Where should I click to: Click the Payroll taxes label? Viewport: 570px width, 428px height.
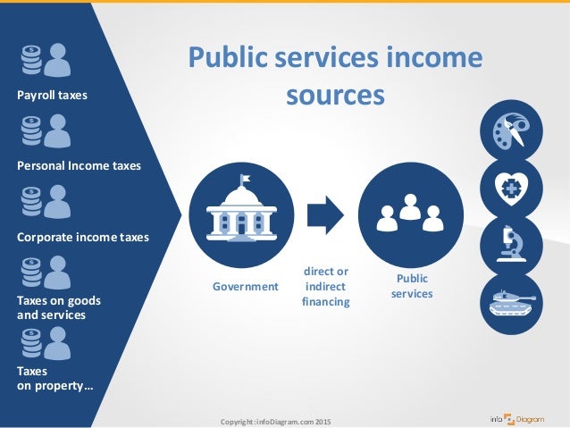tap(53, 95)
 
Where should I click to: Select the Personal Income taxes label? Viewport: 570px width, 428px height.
tap(79, 165)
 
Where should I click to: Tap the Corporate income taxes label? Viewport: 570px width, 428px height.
tap(83, 237)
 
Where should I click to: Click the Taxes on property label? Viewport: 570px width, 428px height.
tap(54, 378)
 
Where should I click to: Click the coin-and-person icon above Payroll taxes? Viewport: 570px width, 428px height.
tap(46, 61)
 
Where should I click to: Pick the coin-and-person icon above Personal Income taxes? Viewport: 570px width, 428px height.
tap(46, 131)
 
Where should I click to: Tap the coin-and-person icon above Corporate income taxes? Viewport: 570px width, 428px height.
tap(46, 202)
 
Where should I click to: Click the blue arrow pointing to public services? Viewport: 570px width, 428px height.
tap(324, 214)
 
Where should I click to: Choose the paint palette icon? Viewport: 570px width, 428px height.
tap(511, 130)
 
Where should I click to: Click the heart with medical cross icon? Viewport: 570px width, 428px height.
tap(511, 189)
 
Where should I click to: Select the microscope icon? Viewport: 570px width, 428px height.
tap(511, 247)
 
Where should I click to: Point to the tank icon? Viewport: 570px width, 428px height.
tap(511, 303)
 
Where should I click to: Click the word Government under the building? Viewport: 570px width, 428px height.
tap(245, 287)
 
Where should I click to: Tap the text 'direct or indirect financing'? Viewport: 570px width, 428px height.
tap(326, 286)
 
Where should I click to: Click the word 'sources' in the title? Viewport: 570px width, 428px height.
tap(335, 94)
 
